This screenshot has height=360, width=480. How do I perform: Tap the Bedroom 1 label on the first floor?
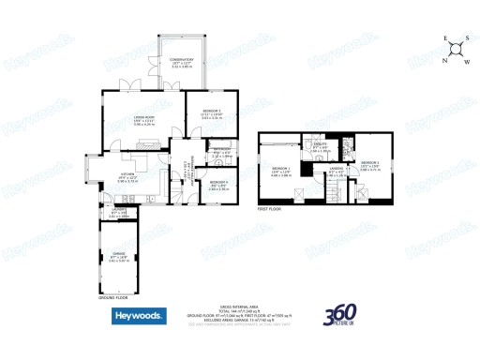(282, 171)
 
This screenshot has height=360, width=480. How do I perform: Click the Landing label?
(335, 172)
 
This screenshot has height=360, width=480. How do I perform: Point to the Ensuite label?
(320, 145)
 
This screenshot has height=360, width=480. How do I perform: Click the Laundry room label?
(120, 210)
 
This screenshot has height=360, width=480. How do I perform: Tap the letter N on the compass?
(443, 59)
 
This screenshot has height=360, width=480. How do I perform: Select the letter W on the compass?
(466, 61)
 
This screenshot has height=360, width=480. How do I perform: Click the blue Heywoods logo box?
(141, 317)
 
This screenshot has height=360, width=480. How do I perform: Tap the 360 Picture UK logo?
(343, 318)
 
